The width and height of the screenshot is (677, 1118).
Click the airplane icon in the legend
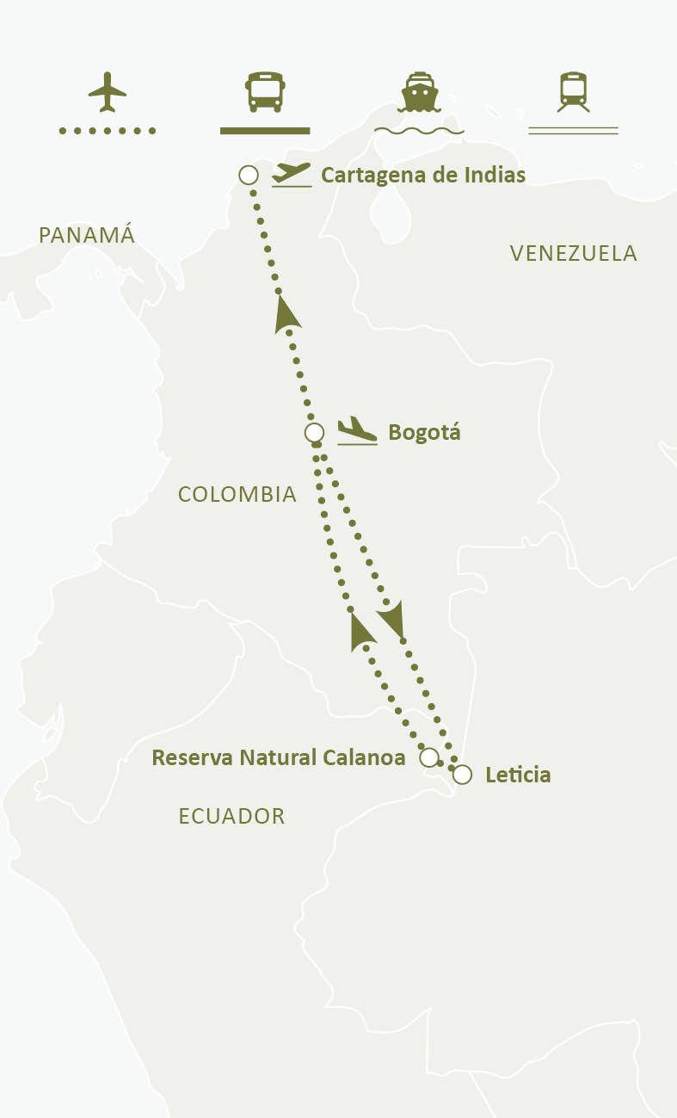click(108, 91)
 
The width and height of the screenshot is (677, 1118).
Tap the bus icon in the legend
click(264, 91)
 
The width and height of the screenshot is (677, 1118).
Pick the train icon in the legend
click(573, 91)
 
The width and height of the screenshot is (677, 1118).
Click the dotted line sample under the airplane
click(108, 131)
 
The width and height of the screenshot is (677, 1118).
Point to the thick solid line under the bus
click(264, 131)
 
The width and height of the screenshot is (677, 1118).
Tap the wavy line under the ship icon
click(419, 132)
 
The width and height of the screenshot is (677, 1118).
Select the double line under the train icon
click(573, 131)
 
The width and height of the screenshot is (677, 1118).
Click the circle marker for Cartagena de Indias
click(249, 176)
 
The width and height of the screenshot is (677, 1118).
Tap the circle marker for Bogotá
click(315, 433)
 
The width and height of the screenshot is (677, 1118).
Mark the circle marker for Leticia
click(462, 775)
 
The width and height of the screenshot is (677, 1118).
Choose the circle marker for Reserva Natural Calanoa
click(428, 757)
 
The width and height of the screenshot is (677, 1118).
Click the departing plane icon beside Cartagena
click(291, 174)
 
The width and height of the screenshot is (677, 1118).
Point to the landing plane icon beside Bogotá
click(356, 431)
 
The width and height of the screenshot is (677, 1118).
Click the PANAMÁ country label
click(87, 235)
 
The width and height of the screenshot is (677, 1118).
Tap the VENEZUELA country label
click(573, 253)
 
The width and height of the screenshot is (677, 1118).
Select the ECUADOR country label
click(231, 816)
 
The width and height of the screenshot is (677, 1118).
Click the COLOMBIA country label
click(237, 494)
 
